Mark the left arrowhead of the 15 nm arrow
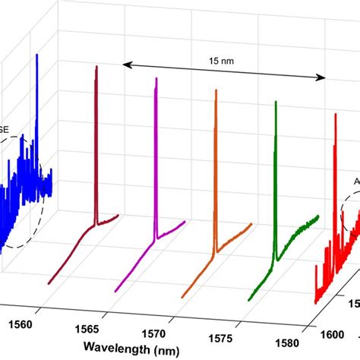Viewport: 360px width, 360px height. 126,66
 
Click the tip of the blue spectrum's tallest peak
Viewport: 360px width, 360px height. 36,55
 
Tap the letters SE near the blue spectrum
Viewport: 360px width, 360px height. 5,129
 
